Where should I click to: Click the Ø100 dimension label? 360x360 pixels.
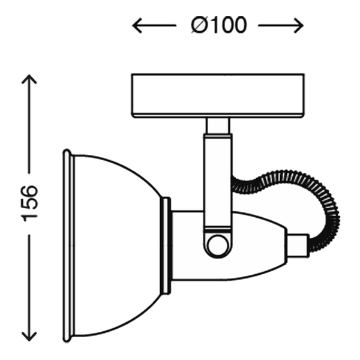coord(219,25)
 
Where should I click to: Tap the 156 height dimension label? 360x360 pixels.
coord(29,203)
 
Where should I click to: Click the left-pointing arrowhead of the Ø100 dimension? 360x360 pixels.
coord(137,25)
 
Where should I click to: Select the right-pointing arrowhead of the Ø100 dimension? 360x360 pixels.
coord(299,25)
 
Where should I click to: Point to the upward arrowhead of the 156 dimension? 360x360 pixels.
coord(29,79)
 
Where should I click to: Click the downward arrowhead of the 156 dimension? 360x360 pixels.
coord(29,337)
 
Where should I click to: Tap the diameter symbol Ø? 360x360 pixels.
coord(200,25)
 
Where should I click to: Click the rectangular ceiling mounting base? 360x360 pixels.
coord(218,96)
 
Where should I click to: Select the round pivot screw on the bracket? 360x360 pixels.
coord(218,245)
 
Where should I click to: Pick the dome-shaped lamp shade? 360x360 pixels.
coord(117,245)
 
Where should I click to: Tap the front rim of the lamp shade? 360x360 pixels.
coord(68,245)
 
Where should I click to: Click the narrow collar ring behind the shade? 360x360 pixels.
coord(166,245)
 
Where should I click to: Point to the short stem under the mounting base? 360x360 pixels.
coord(218,126)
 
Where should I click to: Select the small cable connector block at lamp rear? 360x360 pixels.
coord(298,245)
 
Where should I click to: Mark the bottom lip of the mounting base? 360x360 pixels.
coord(218,116)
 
